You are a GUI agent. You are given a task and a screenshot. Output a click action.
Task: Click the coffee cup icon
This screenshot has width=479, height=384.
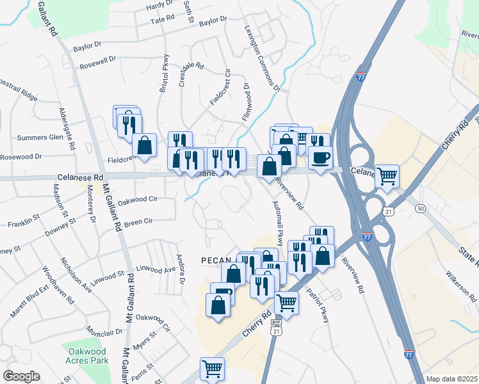tap(320, 156)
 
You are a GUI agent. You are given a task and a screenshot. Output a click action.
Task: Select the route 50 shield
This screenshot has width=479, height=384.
tap(420, 209)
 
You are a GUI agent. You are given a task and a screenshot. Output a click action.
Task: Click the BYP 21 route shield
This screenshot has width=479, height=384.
tap(277, 326)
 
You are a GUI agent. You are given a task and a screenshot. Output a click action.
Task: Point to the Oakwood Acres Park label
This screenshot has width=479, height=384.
tap(86, 355)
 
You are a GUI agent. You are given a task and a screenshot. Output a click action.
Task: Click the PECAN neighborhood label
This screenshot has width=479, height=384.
tap(218, 260)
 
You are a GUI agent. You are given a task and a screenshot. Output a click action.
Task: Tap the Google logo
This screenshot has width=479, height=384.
tap(22, 376)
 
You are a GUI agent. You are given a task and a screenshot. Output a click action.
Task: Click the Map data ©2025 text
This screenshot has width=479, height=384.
tap(451, 379)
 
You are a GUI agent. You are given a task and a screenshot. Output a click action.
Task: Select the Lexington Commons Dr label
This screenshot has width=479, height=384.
tap(263, 58)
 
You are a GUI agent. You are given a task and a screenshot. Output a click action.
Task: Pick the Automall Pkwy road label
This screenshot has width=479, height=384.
tap(280, 228)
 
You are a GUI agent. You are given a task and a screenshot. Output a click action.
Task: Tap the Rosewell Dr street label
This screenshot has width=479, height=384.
tap(97, 63)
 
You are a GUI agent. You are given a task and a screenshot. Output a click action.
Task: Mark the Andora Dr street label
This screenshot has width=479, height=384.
tap(181, 269)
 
